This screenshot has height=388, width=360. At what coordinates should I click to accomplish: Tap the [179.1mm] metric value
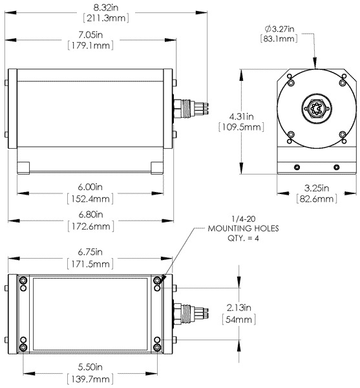(x=90, y=46)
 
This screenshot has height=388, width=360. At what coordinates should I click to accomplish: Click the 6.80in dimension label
(x=90, y=215)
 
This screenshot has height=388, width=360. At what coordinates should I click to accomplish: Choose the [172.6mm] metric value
(x=90, y=226)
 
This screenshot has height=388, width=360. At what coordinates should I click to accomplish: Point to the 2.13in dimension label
(x=240, y=308)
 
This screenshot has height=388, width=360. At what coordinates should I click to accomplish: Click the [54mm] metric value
(x=240, y=319)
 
